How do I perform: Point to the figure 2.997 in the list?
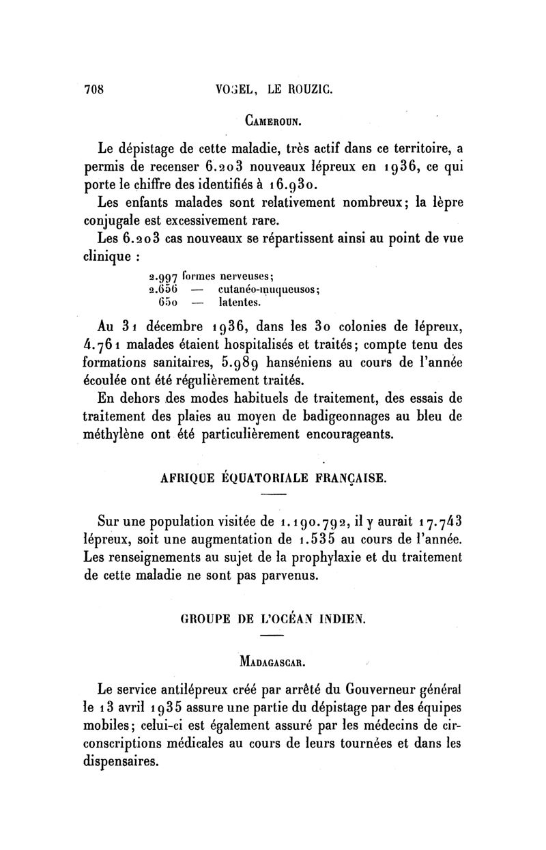tap(163, 277)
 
